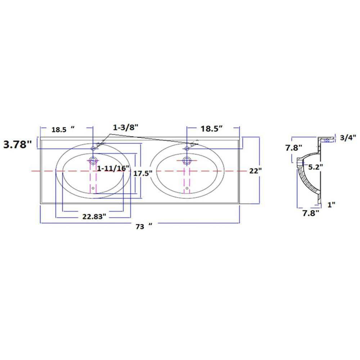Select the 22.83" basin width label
click(94, 216)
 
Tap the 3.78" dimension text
click(17, 145)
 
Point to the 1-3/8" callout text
click(126, 127)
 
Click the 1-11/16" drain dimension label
click(113, 168)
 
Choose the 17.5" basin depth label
click(143, 174)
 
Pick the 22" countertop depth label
click(256, 171)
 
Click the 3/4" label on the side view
click(348, 138)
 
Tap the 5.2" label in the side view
click(315, 167)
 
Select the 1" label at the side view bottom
click(331, 204)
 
